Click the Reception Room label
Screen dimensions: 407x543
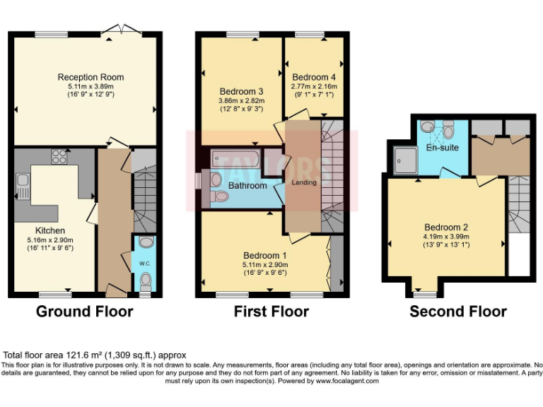tap(90, 77)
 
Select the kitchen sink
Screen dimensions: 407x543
tap(23, 185)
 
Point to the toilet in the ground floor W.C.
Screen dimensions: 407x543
tap(146, 282)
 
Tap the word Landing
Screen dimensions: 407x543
tap(304, 182)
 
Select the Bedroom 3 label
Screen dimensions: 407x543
tap(241, 91)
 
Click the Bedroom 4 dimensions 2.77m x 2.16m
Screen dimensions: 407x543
tap(314, 86)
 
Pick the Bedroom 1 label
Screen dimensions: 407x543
tap(265, 255)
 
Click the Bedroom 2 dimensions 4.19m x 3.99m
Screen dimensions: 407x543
tap(446, 237)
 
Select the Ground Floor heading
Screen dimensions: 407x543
tap(84, 312)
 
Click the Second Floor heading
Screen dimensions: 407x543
tap(458, 312)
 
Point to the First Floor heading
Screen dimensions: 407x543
tap(271, 312)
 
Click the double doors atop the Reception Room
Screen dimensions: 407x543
tap(117, 30)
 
